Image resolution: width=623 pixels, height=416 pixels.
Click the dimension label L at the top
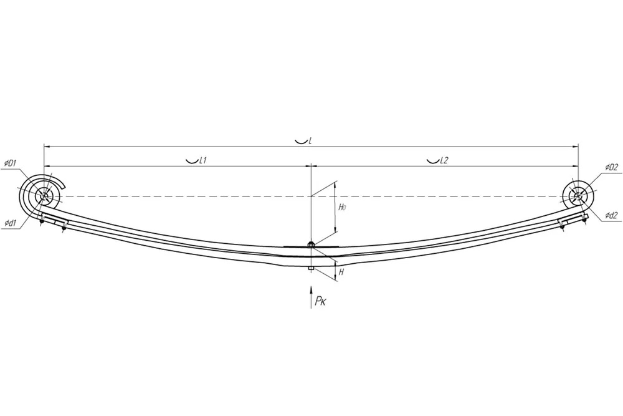click(x=310, y=140)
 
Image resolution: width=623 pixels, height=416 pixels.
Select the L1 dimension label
click(x=202, y=160)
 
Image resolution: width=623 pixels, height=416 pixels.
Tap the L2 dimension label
click(x=444, y=160)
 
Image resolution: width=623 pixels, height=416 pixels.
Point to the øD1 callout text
click(x=10, y=163)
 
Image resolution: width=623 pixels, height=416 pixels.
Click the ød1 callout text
click(x=10, y=223)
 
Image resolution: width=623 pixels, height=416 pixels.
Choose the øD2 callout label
click(x=612, y=167)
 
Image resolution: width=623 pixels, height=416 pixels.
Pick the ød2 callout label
click(x=612, y=215)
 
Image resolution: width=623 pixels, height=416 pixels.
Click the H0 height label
click(x=342, y=207)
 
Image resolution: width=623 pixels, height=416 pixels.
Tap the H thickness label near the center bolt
click(x=341, y=273)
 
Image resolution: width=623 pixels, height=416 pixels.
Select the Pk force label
click(x=320, y=301)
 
